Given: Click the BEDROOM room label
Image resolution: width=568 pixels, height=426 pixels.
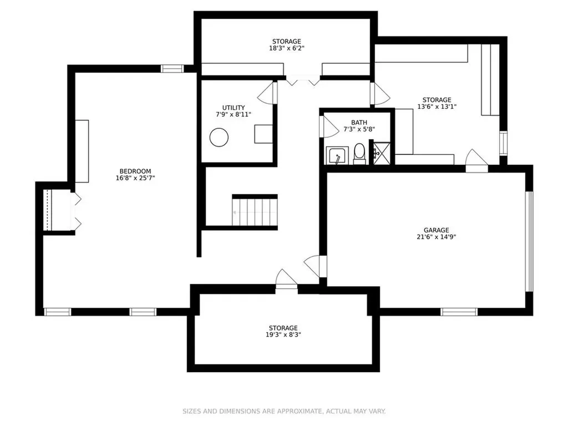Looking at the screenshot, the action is tap(135, 171).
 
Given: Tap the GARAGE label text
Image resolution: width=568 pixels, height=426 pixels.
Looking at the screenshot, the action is tap(436, 230).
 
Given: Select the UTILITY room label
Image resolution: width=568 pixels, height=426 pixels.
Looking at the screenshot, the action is tap(234, 108).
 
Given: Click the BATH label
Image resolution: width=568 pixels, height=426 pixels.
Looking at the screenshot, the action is tap(359, 123).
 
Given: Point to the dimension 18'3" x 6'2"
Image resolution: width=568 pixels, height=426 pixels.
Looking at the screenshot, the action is tap(287, 48).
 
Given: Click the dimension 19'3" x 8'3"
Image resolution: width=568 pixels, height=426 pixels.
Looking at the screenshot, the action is tap(283, 334).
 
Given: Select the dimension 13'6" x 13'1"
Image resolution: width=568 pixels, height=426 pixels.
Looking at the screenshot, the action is tap(437, 106).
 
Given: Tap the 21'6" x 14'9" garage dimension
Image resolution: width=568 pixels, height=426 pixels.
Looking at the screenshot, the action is tap(436, 237).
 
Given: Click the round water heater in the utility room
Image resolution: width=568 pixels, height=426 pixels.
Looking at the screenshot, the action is tap(219, 138).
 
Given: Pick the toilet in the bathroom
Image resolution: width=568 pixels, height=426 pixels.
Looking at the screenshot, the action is tap(359, 154).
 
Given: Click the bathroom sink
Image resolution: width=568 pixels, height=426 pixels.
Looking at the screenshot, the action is tap(337, 155).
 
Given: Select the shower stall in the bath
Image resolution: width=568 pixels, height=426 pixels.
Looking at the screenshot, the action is tap(382, 153).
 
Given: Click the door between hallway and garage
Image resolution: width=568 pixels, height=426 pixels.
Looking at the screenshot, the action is tap(316, 266).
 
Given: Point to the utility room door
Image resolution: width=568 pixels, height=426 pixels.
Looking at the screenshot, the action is tap(267, 93).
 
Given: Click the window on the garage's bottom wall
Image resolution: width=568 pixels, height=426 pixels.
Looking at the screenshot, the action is tap(459, 312).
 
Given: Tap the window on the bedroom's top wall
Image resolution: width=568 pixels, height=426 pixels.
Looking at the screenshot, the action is tap(173, 68).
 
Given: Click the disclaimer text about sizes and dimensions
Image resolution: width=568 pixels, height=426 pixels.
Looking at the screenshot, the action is tap(284, 411).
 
